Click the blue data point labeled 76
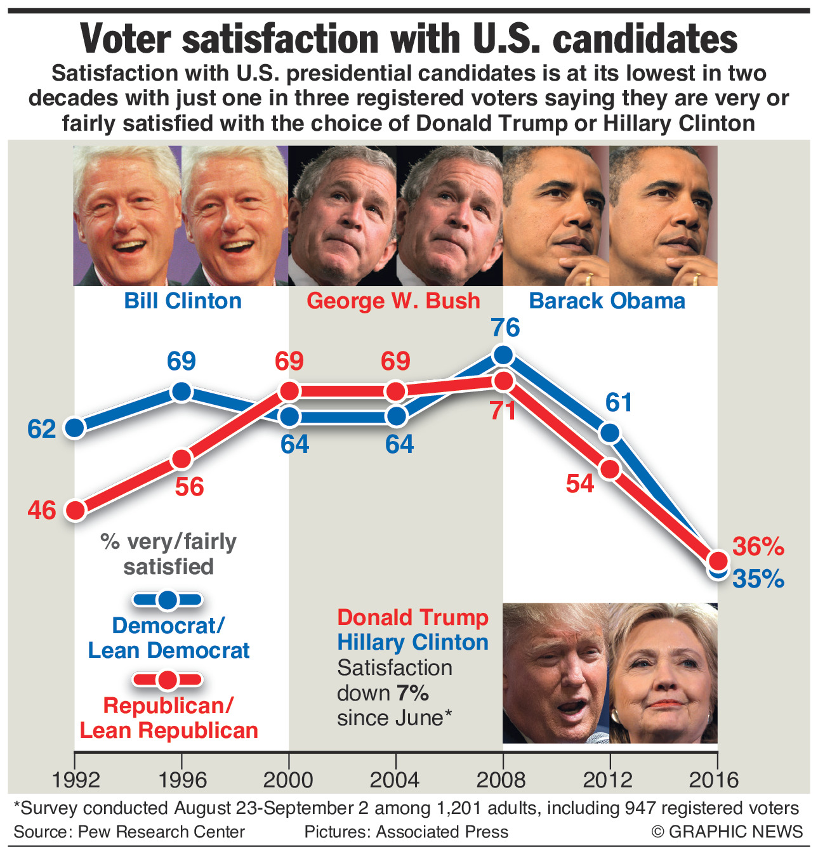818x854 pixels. pyautogui.click(x=503, y=355)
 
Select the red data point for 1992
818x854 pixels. pyautogui.click(x=76, y=510)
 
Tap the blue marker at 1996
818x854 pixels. pyautogui.click(x=182, y=392)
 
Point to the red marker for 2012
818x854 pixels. pyautogui.click(x=610, y=470)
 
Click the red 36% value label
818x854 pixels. pyautogui.click(x=758, y=546)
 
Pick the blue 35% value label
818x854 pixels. pyautogui.click(x=758, y=579)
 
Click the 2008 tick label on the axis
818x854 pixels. pyautogui.click(x=501, y=779)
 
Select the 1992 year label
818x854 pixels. pyautogui.click(x=76, y=779)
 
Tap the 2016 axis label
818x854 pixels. pyautogui.click(x=715, y=779)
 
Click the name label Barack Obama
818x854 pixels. pyautogui.click(x=607, y=301)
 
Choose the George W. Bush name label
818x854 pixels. pyautogui.click(x=393, y=301)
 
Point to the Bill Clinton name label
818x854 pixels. pyautogui.click(x=183, y=301)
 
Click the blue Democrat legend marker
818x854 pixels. pyautogui.click(x=168, y=600)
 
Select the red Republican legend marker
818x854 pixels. pyautogui.click(x=168, y=680)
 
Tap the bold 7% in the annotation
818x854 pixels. pyautogui.click(x=412, y=693)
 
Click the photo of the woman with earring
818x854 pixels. pyautogui.click(x=664, y=674)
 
